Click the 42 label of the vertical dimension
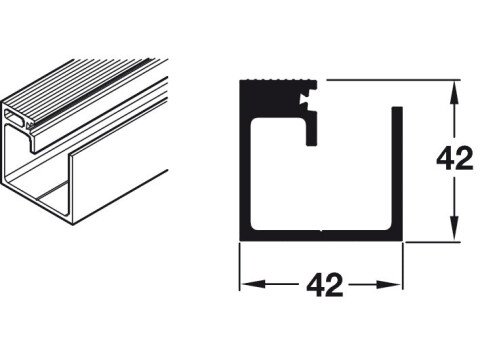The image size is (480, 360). pyautogui.click(x=455, y=158)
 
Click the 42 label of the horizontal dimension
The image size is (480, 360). pyautogui.click(x=325, y=285)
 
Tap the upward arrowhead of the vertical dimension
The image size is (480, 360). pyautogui.click(x=455, y=93)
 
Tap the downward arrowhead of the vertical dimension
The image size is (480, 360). pyautogui.click(x=455, y=228)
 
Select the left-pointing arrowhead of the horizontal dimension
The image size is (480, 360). pyautogui.click(x=253, y=284)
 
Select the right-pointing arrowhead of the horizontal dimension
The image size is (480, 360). pyautogui.click(x=389, y=284)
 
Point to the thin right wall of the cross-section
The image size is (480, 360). pyautogui.click(x=397, y=173)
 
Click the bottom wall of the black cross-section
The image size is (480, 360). pyautogui.click(x=321, y=235)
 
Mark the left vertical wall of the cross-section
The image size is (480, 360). pyautogui.click(x=245, y=160)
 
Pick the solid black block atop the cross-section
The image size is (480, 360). pyautogui.click(x=270, y=99)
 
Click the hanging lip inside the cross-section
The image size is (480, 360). pyautogui.click(x=311, y=132)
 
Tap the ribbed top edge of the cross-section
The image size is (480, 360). pyautogui.click(x=278, y=80)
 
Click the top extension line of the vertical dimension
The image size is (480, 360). pyautogui.click(x=393, y=80)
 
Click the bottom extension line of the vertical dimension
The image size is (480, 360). pyautogui.click(x=432, y=242)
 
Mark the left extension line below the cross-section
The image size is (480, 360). pyautogui.click(x=239, y=266)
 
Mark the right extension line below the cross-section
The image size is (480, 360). pyautogui.click(x=402, y=266)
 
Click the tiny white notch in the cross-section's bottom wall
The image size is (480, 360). pyautogui.click(x=321, y=230)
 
